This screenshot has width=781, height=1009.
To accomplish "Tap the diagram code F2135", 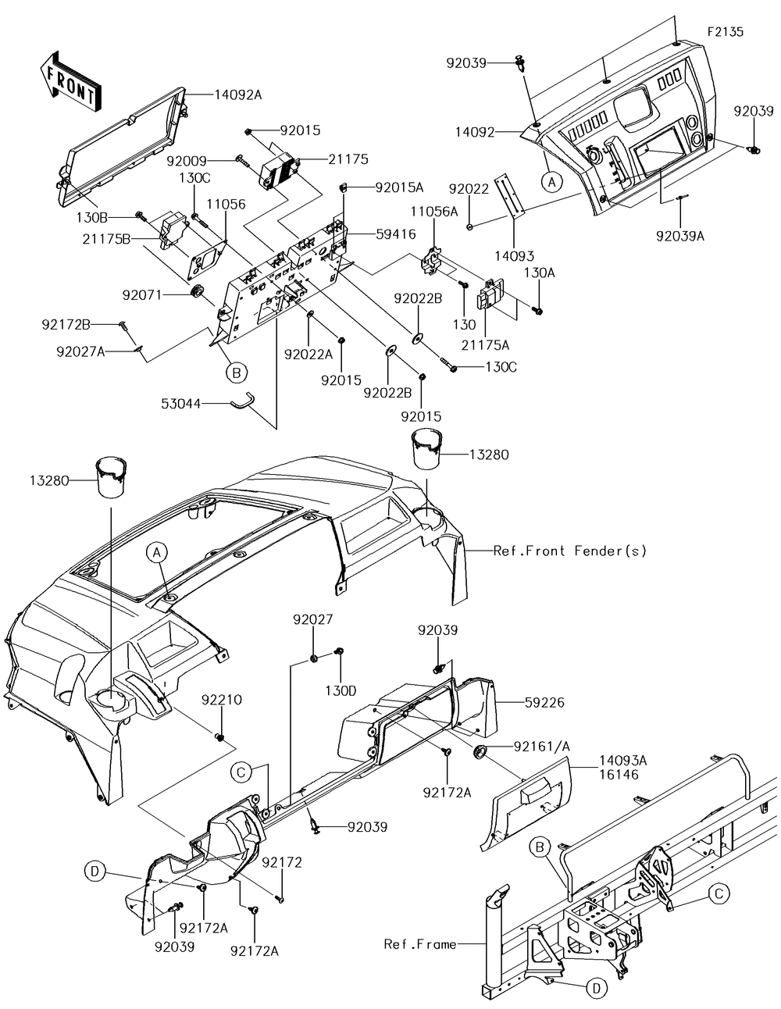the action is click(x=726, y=31).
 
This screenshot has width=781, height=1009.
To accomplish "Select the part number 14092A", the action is click(x=238, y=94).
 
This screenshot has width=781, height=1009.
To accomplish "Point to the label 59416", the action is click(x=396, y=234).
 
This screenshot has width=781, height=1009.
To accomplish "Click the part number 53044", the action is click(x=181, y=404).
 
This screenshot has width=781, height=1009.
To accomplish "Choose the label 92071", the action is click(x=142, y=295).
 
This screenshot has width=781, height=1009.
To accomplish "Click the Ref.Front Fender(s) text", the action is click(x=569, y=551).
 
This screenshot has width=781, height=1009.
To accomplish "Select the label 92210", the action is click(x=222, y=700).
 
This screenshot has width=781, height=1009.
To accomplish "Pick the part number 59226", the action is click(x=544, y=703).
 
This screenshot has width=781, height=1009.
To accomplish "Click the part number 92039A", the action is click(x=680, y=237).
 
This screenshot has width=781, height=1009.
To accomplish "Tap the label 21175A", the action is click(x=486, y=345).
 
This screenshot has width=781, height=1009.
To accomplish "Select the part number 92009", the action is click(x=187, y=161).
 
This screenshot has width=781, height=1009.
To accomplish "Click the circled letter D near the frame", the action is click(x=597, y=988).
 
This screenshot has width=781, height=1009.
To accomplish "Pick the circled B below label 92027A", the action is click(x=237, y=373).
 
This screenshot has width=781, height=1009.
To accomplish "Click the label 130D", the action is click(x=341, y=690).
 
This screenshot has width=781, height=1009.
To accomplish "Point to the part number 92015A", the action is click(x=399, y=187).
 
